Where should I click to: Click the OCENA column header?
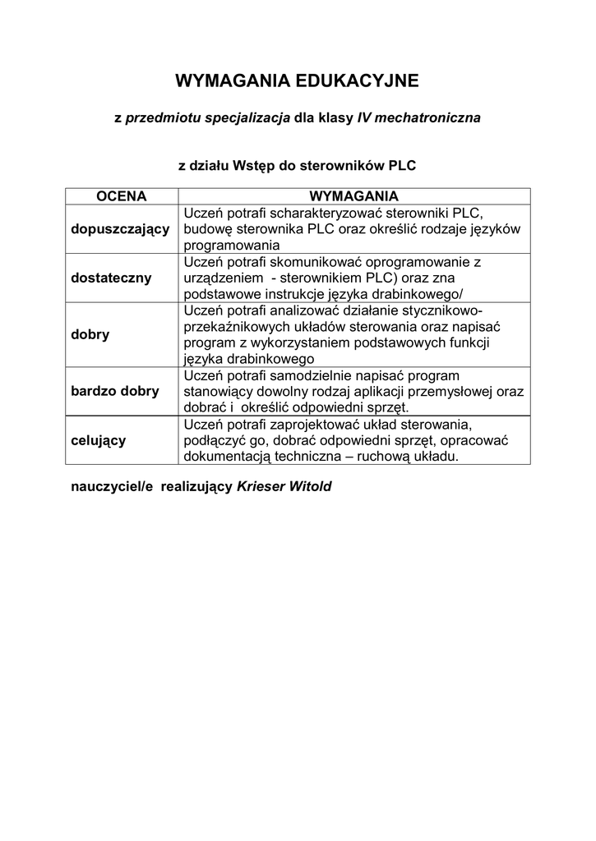click(121, 196)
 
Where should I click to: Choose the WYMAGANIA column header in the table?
click(353, 196)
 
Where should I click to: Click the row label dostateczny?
click(111, 278)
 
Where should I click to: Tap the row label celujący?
click(99, 440)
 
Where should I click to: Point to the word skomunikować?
click(317, 262)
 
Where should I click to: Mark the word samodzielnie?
click(324, 375)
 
